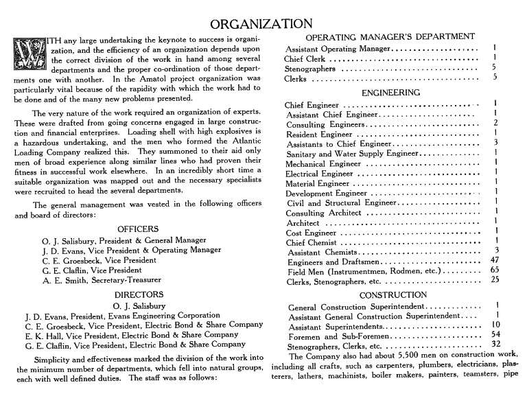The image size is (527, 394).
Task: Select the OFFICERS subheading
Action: pyautogui.click(x=138, y=229)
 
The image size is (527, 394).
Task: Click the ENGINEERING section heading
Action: pyautogui.click(x=390, y=92)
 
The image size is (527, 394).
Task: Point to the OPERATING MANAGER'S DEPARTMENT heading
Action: pyautogui.click(x=390, y=36)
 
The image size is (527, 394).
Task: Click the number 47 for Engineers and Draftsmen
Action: pyautogui.click(x=494, y=261)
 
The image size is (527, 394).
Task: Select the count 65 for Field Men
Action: pyautogui.click(x=494, y=271)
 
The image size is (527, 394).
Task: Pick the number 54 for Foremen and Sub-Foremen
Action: pyautogui.click(x=494, y=334)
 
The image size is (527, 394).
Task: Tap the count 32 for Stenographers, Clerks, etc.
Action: pyautogui.click(x=494, y=345)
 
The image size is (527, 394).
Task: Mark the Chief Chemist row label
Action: pyautogui.click(x=312, y=242)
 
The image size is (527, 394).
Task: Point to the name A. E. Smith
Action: pyautogui.click(x=66, y=280)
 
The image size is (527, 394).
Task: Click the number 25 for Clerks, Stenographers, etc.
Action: pyautogui.click(x=494, y=281)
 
